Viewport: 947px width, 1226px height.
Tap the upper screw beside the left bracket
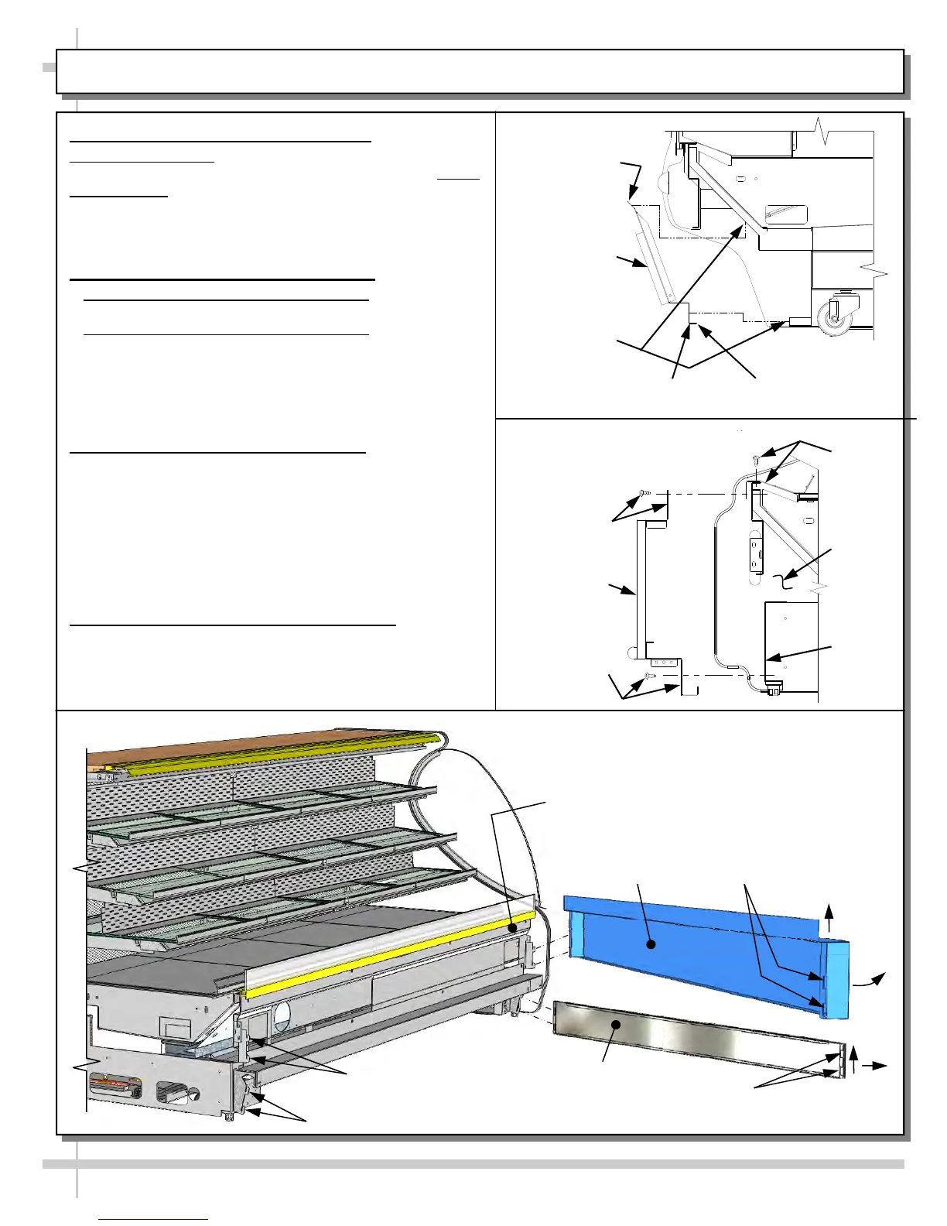(642, 492)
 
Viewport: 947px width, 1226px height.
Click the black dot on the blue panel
(651, 944)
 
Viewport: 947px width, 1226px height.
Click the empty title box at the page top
(480, 71)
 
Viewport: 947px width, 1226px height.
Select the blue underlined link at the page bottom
(153, 1219)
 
